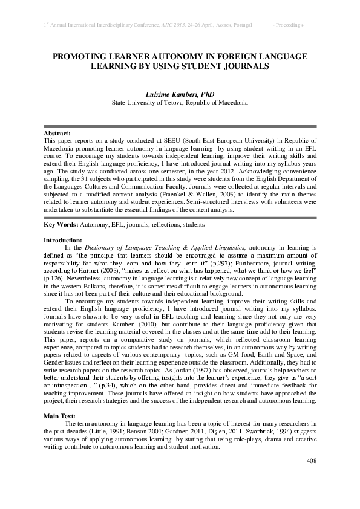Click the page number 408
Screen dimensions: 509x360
pyautogui.click(x=311, y=461)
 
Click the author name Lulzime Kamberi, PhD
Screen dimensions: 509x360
pyautogui.click(x=180, y=94)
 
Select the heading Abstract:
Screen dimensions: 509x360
pyautogui.click(x=57, y=132)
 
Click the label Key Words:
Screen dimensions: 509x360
pyautogui.click(x=61, y=225)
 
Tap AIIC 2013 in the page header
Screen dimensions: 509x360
pyautogui.click(x=174, y=25)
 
